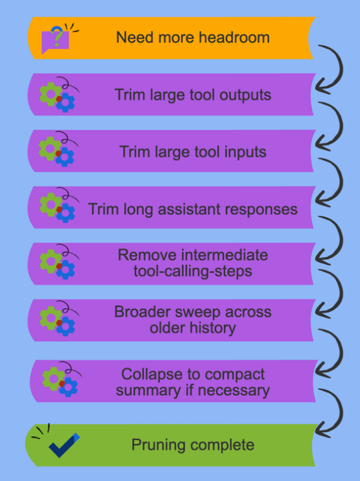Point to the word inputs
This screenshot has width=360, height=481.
pos(244,152)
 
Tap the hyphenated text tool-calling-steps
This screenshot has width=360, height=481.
pos(193,271)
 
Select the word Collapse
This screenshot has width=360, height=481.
pos(151,374)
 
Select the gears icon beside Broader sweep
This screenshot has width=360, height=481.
pos(58,319)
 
